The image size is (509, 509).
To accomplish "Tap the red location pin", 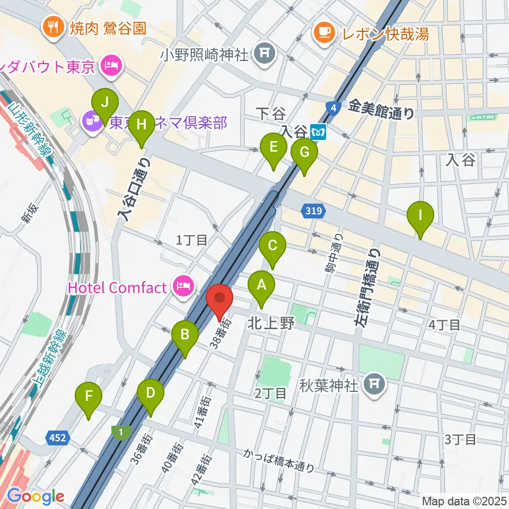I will point(220,301).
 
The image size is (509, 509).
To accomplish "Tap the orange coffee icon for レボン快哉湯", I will point(323,33).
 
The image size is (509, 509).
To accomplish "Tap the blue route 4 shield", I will point(332,108).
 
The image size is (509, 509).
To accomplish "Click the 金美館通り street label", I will point(381,111).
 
